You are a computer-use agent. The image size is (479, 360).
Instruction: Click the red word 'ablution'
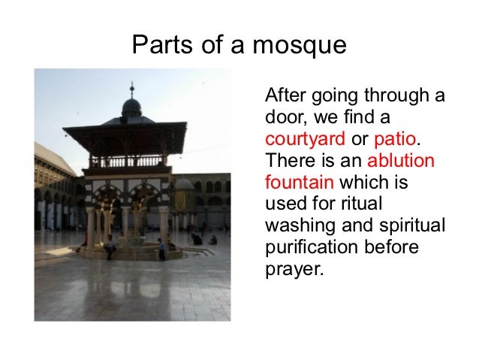[402, 161]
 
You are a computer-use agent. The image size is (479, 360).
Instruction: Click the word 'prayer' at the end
[293, 267]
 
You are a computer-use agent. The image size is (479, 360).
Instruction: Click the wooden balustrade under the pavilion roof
[124, 161]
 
